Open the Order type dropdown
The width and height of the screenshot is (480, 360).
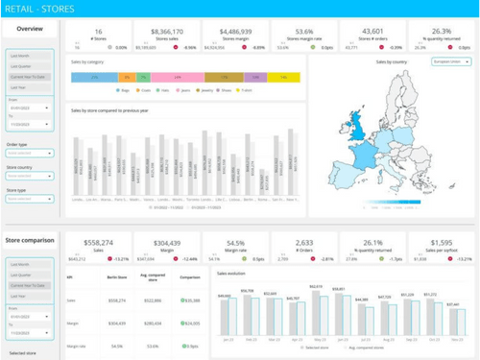29,153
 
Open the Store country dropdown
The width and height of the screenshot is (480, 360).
29,176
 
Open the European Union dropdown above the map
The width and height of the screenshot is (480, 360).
451,61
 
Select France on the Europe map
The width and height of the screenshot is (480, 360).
362,154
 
